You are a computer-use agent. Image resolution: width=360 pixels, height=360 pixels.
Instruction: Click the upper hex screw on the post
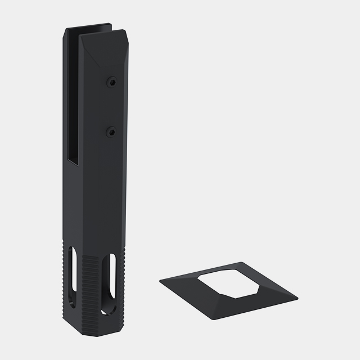point(112,83)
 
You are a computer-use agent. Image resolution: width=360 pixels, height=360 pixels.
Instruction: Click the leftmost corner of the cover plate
point(160,279)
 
